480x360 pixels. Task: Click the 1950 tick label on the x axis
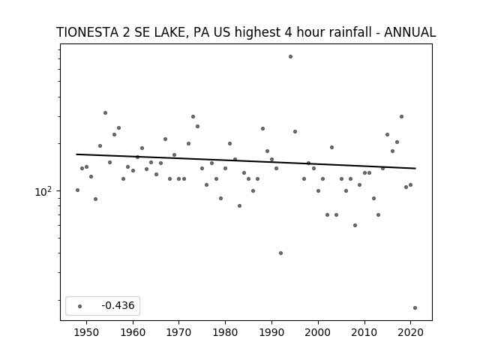(x=87, y=332)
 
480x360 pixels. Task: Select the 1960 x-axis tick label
(x=133, y=332)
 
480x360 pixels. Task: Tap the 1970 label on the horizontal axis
(x=179, y=332)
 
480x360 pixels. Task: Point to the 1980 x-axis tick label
(x=225, y=332)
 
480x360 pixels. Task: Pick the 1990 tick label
(x=271, y=332)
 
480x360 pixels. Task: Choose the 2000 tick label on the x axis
(x=318, y=332)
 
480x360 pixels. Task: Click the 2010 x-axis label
(x=364, y=332)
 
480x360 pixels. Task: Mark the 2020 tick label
(x=410, y=332)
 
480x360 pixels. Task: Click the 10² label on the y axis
(x=43, y=192)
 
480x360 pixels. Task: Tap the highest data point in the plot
(x=290, y=57)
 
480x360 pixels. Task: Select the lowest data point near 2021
(x=415, y=308)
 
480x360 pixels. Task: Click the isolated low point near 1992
(x=280, y=253)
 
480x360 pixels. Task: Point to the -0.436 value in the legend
(x=118, y=305)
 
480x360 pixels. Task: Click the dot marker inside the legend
(x=80, y=306)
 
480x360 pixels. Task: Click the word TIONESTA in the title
(x=88, y=32)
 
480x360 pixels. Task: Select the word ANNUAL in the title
(x=410, y=32)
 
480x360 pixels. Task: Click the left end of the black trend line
(x=76, y=154)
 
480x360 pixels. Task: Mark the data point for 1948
(x=77, y=190)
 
